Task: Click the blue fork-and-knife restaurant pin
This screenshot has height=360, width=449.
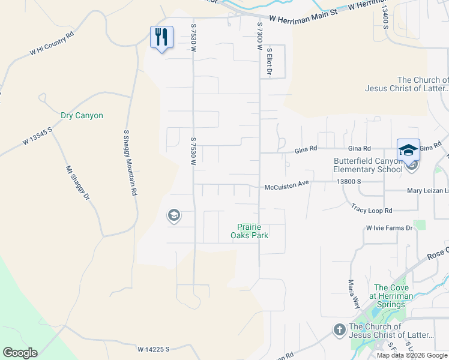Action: point(161,37)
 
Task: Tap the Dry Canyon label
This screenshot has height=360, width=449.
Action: point(82,115)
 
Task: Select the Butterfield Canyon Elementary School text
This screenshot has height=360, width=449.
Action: point(368,164)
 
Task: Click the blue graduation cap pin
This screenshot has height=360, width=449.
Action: point(408,150)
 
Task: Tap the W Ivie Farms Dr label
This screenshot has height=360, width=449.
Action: point(390,228)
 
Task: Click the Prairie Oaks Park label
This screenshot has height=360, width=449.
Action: point(252,231)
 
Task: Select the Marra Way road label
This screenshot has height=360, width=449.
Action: point(350,291)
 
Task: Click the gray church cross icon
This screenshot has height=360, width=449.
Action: point(339,330)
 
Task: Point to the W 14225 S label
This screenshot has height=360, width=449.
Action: point(154,349)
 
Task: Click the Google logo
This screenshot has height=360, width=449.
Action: point(20,353)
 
